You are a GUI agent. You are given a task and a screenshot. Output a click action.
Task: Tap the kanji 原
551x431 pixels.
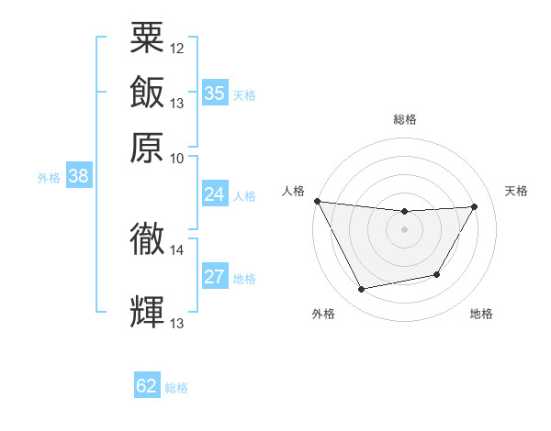(148, 148)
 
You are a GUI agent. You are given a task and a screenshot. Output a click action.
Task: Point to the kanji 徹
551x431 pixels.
(148, 238)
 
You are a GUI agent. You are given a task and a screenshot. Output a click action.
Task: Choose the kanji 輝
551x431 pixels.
(148, 312)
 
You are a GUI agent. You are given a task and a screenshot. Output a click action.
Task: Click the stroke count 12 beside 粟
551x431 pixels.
(177, 47)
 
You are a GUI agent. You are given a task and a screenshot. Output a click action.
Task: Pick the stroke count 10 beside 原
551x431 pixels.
(177, 158)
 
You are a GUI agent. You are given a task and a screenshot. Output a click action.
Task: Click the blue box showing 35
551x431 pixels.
(215, 93)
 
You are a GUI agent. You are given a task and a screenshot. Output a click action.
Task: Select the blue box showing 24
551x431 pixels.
(215, 194)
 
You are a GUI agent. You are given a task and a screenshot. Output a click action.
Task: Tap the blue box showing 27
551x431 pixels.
(215, 277)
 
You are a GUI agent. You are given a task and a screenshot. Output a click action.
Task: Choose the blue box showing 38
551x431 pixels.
(78, 177)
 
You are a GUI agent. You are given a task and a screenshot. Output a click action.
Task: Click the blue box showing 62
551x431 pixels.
(147, 386)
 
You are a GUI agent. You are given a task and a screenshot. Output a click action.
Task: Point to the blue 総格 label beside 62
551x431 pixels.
(176, 388)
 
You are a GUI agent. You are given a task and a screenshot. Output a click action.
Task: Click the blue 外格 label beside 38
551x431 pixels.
(49, 179)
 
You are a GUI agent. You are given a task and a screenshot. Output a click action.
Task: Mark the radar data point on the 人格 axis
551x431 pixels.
(318, 201)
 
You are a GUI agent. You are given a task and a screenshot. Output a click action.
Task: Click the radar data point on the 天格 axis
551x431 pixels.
(475, 206)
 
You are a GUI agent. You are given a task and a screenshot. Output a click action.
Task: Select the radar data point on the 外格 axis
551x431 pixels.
(362, 290)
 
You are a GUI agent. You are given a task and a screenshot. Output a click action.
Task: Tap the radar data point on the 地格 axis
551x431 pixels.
(437, 274)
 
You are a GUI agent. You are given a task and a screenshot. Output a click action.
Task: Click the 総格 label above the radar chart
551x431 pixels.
(405, 119)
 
